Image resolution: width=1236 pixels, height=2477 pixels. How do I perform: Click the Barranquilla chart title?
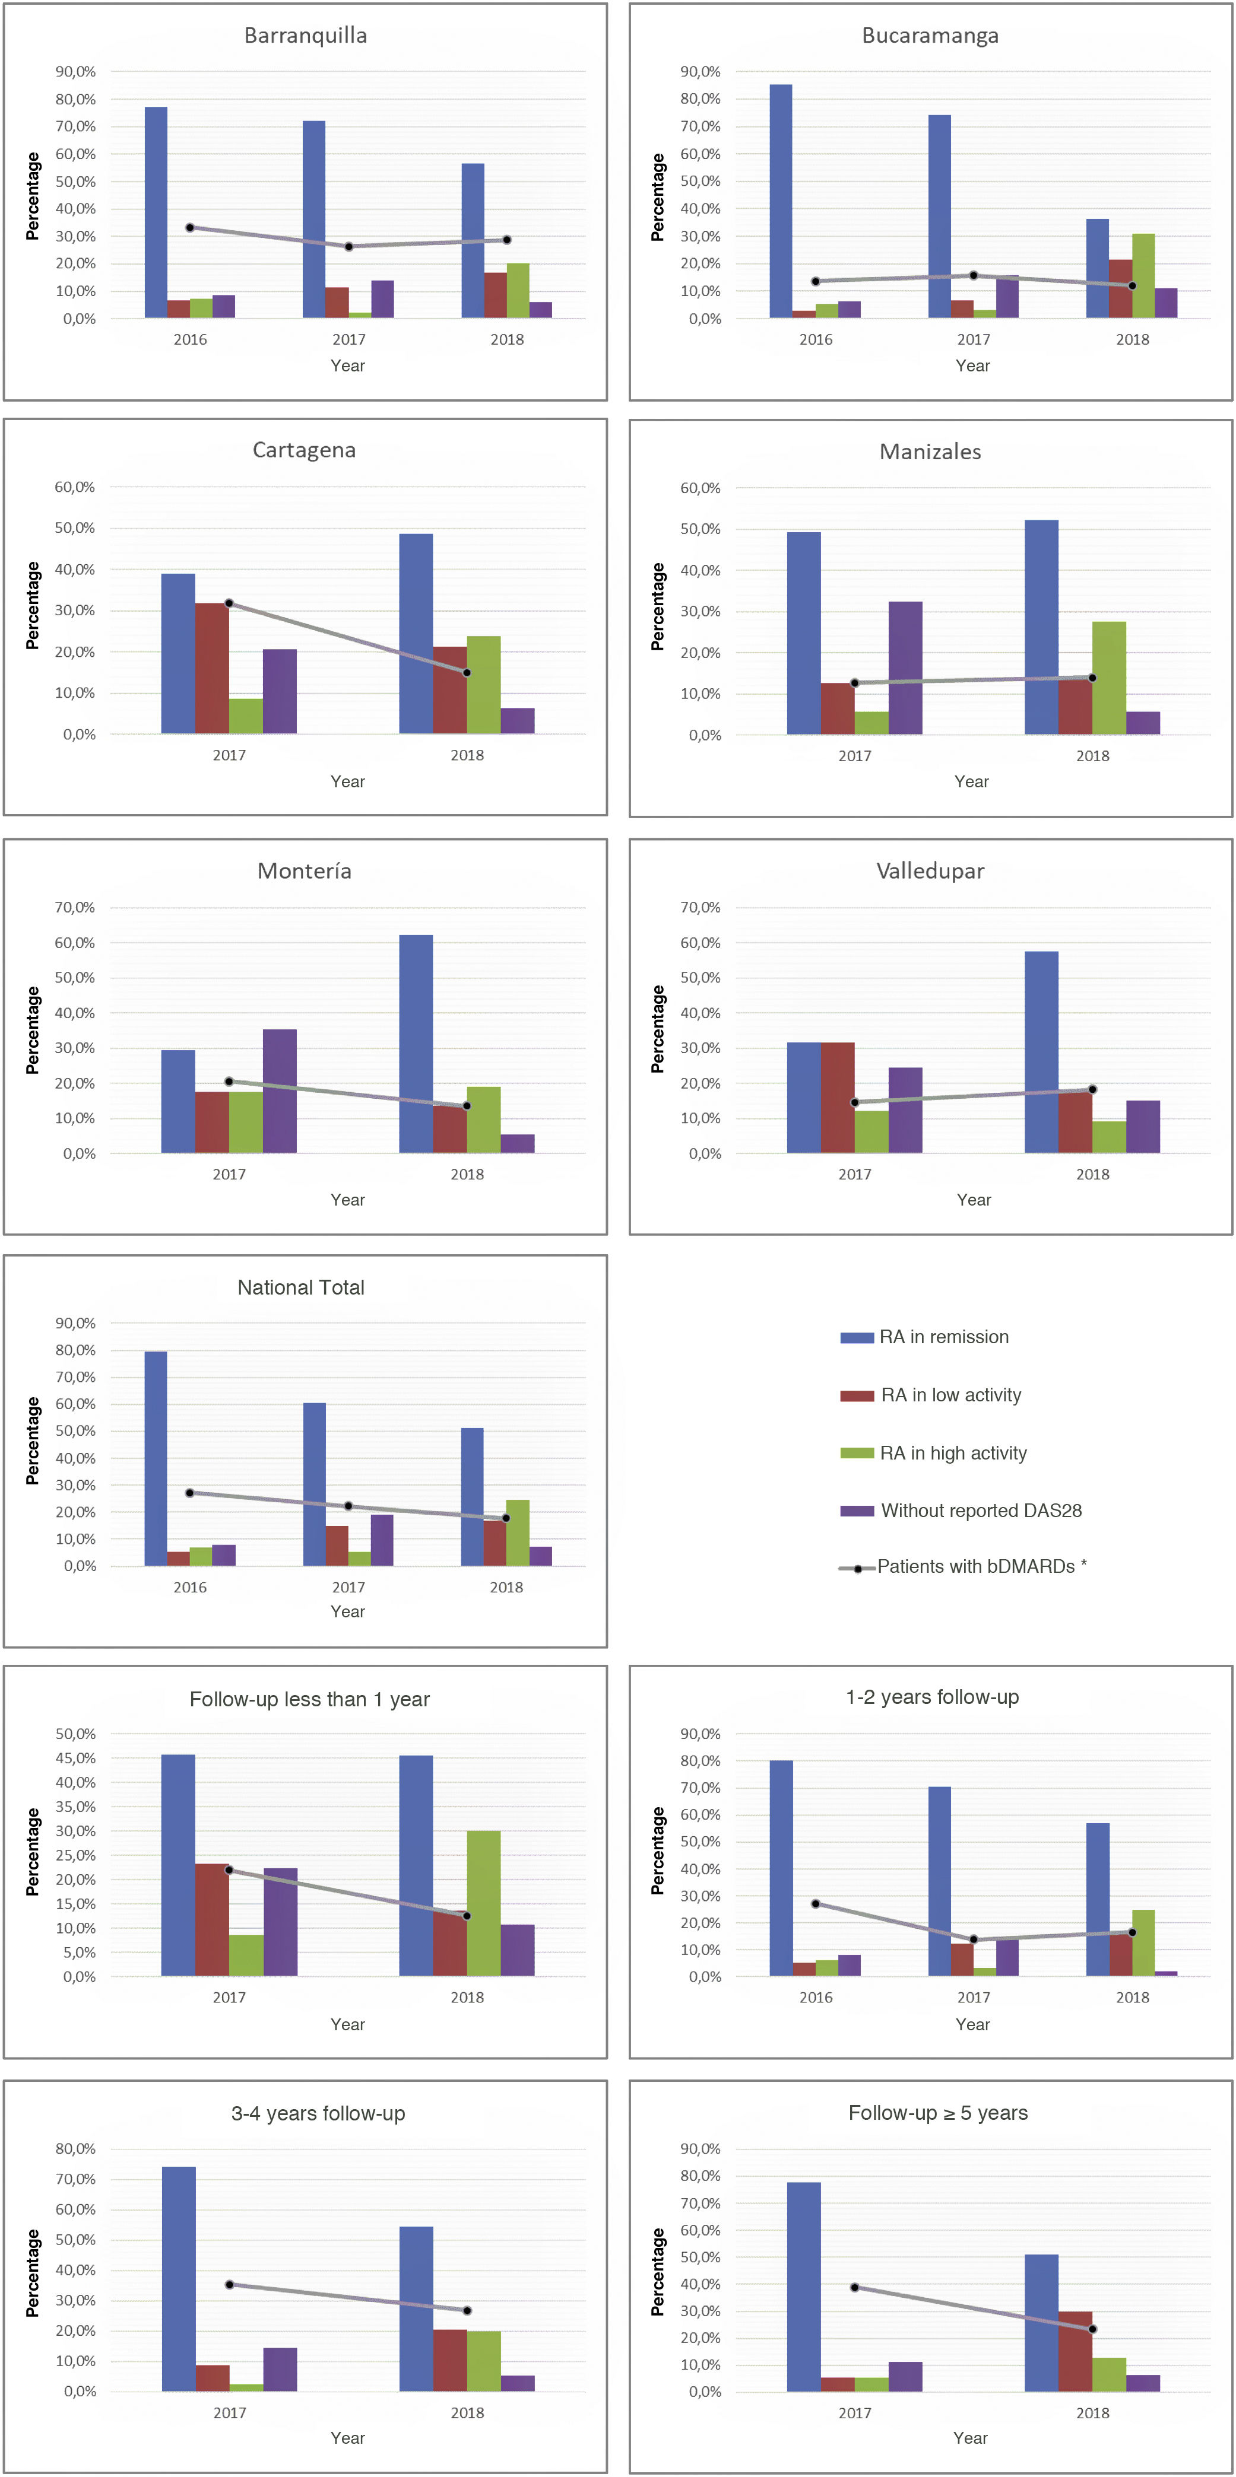[305, 36]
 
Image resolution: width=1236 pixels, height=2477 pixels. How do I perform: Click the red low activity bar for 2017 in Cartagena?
[211, 668]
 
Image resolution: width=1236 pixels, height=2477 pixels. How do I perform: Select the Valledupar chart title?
[930, 871]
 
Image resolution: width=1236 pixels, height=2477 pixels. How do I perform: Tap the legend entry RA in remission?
[943, 1337]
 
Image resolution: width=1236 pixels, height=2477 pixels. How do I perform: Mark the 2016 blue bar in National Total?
[156, 1459]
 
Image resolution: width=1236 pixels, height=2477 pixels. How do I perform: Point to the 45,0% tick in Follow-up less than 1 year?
[75, 1759]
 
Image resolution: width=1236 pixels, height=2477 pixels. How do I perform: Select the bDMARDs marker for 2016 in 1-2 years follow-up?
[816, 1904]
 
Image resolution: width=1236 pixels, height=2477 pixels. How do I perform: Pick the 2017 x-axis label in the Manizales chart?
[854, 756]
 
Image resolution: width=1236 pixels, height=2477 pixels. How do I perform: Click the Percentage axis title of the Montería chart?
[33, 1030]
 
